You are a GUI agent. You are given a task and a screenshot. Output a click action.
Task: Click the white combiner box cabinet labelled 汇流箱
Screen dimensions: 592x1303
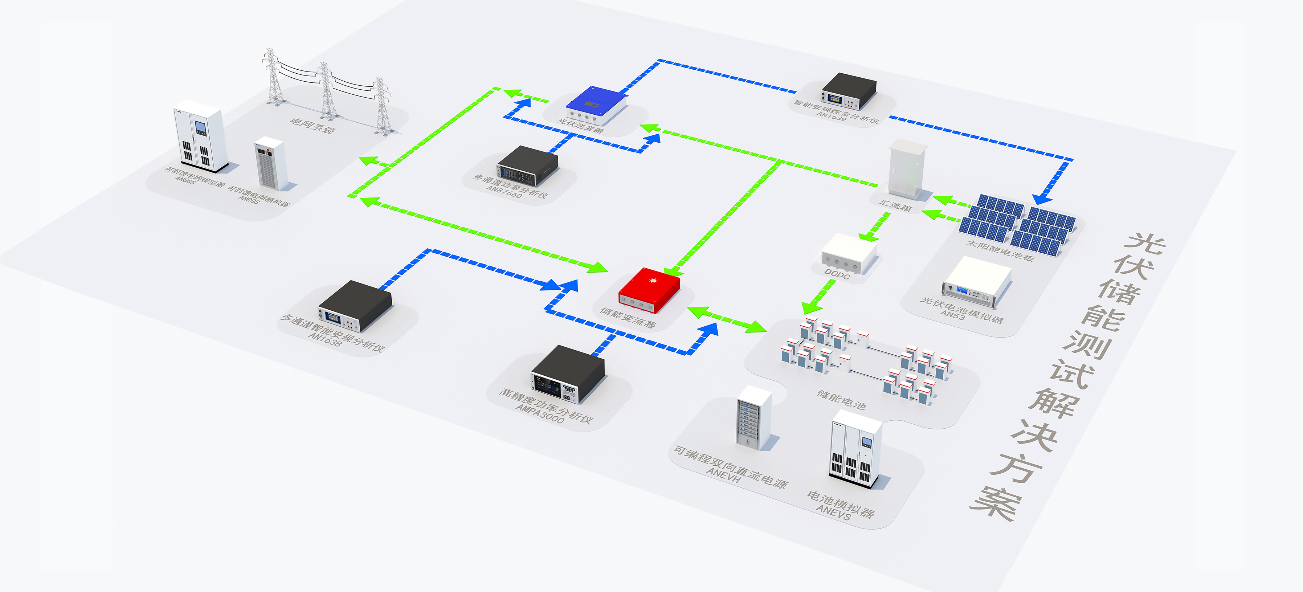tap(908, 170)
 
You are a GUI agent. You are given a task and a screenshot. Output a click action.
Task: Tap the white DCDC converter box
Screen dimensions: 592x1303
tap(849, 253)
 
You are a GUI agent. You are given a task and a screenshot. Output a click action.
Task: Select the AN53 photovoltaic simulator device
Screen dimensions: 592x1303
tap(976, 281)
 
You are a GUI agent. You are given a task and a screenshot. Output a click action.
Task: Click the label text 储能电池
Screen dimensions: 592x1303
tap(841, 399)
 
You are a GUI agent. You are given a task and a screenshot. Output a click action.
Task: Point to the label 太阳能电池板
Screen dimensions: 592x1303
tap(1000, 250)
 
